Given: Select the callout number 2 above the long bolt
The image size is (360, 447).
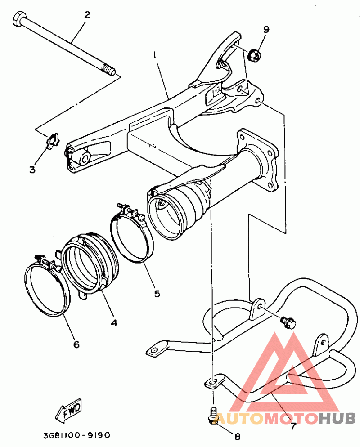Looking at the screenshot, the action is pyautogui.click(x=87, y=15).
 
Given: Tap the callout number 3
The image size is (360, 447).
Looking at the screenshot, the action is pyautogui.click(x=32, y=170).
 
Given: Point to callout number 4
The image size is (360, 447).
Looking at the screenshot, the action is pyautogui.click(x=114, y=322).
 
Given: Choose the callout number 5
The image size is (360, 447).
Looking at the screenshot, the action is pyautogui.click(x=157, y=294).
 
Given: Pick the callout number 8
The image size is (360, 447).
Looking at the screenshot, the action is pyautogui.click(x=238, y=436).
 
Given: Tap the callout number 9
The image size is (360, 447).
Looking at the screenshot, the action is pyautogui.click(x=266, y=29).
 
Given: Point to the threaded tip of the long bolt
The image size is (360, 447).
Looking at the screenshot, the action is pyautogui.click(x=108, y=70).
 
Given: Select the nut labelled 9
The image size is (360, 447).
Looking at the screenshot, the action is pyautogui.click(x=253, y=55).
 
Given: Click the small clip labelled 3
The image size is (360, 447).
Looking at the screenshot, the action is pyautogui.click(x=54, y=140).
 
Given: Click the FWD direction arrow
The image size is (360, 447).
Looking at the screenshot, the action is pyautogui.click(x=68, y=410).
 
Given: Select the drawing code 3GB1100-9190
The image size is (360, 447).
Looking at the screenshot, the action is pyautogui.click(x=77, y=435).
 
